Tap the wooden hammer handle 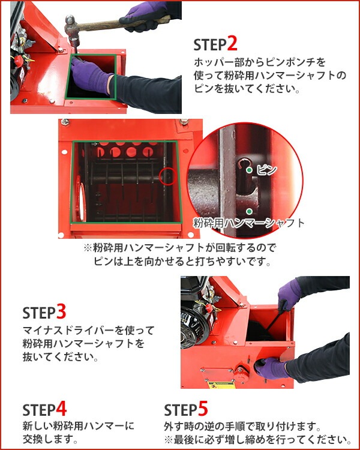coord(114,23)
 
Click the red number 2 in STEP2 coord(232,44)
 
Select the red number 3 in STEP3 coord(61,312)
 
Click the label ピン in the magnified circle coord(266,170)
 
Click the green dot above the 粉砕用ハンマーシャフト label coord(248,211)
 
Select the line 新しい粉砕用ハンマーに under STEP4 coord(78,425)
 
